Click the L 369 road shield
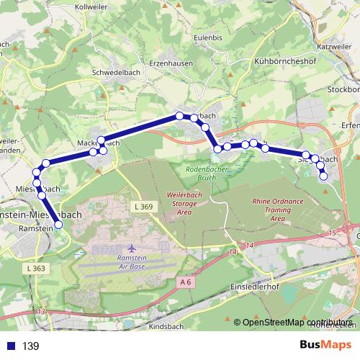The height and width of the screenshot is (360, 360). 143,207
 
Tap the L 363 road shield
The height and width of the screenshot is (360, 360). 34,268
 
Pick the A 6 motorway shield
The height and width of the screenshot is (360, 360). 186,282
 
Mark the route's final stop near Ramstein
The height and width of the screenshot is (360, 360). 59,225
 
